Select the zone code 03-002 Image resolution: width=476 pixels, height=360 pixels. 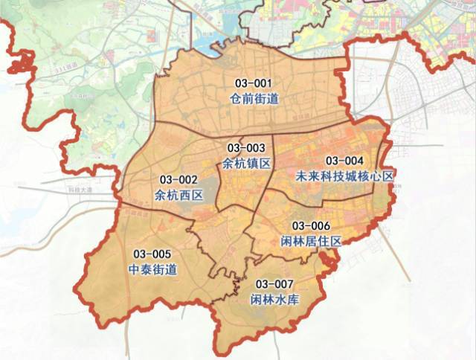pos(178,179)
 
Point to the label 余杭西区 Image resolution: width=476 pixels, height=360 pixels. pos(178,195)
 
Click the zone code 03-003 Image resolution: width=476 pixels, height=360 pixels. pos(246,148)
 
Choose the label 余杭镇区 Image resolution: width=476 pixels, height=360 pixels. pos(246,162)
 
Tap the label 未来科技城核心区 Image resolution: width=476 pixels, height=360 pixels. pos(344,176)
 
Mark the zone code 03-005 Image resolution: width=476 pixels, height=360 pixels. pos(152,254)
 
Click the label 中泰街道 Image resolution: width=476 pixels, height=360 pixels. pos(152,269)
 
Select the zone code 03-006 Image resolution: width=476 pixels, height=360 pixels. pos(311,226)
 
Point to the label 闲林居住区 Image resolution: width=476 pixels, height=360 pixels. pos(311,241)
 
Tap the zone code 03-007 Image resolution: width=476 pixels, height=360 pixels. pos(274,284)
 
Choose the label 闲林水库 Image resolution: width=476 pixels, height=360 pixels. pos(274,299)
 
